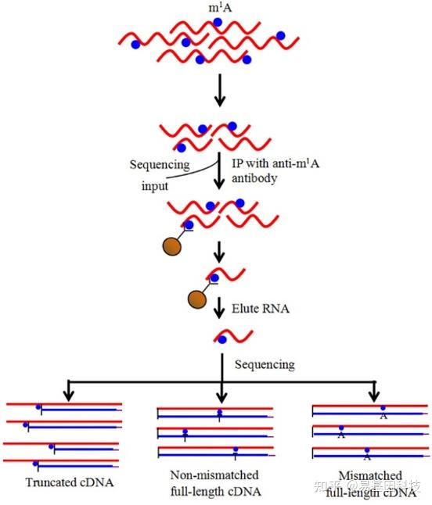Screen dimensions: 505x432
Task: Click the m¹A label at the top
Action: [220, 7]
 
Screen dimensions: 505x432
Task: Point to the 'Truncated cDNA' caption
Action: [70, 482]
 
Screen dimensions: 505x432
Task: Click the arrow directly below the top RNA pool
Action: [220, 92]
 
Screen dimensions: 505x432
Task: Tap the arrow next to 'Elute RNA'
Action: [220, 310]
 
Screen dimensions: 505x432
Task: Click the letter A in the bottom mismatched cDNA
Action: [366, 457]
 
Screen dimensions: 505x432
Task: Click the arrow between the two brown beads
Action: [220, 252]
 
